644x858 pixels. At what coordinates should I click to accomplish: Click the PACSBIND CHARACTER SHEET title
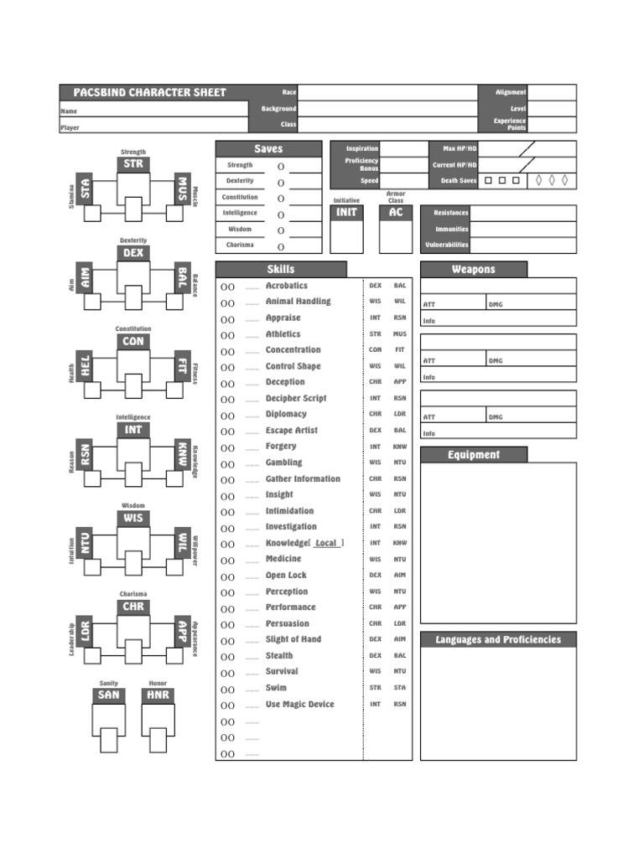click(149, 92)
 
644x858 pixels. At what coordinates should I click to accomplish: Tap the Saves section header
click(268, 148)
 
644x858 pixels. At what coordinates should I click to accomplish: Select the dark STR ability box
click(133, 164)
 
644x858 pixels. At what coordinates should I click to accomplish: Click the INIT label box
click(346, 212)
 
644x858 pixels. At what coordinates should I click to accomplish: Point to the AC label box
click(396, 212)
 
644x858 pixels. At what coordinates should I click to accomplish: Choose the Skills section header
click(281, 269)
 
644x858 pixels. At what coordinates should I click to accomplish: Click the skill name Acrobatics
click(287, 286)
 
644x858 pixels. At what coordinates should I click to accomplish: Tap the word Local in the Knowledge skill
click(326, 543)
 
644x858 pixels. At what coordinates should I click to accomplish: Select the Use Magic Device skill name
click(300, 704)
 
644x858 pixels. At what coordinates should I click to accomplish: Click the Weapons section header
click(474, 269)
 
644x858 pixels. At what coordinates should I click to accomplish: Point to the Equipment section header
click(474, 455)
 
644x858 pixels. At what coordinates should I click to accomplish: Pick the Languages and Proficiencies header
click(498, 639)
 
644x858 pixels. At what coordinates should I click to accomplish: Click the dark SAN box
click(109, 695)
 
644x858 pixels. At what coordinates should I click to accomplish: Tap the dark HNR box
click(158, 695)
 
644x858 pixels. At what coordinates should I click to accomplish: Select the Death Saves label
click(459, 181)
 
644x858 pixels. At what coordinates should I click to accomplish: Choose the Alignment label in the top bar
click(511, 92)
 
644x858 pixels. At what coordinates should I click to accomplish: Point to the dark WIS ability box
click(133, 518)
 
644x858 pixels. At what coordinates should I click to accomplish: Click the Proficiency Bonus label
click(361, 164)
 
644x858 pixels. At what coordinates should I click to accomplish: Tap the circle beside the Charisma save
click(281, 247)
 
